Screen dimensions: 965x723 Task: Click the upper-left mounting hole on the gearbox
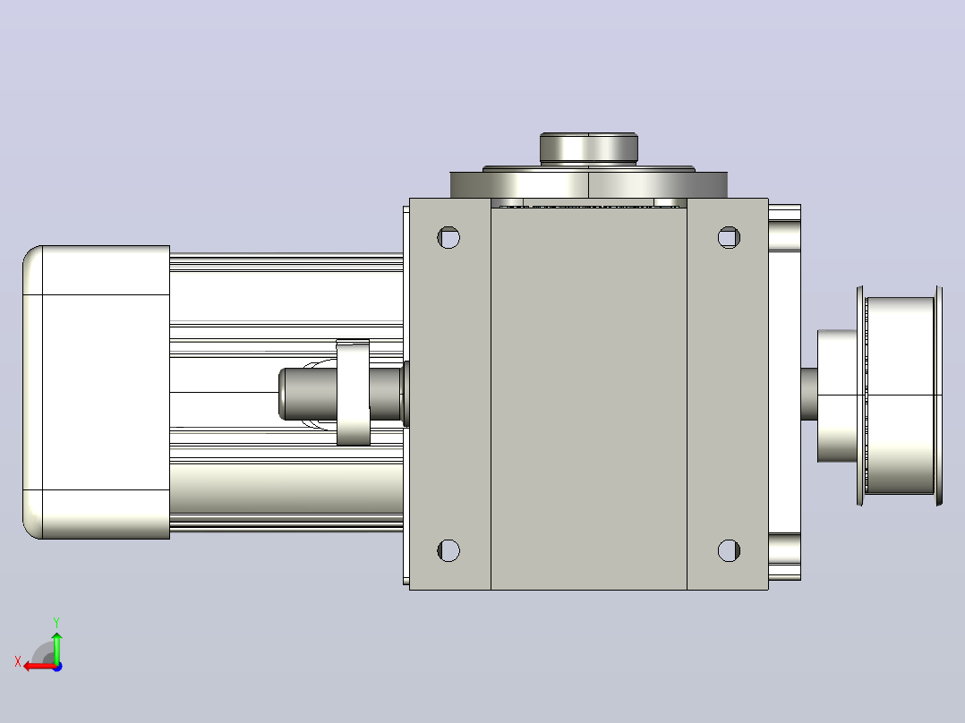coord(448,237)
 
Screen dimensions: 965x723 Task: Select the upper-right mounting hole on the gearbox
coord(730,237)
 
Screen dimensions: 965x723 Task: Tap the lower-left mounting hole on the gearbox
coord(448,550)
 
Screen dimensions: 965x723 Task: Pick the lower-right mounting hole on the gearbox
coord(730,550)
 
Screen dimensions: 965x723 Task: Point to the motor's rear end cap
coord(96,392)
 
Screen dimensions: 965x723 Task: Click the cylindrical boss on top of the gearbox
coord(589,149)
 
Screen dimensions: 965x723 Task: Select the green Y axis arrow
coord(56,647)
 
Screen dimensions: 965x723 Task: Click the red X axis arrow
coord(40,667)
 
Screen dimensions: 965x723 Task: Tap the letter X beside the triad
coord(18,662)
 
